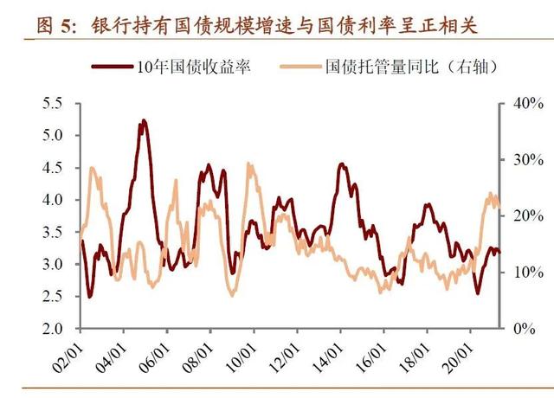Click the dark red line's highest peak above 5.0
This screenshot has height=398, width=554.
(143, 121)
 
